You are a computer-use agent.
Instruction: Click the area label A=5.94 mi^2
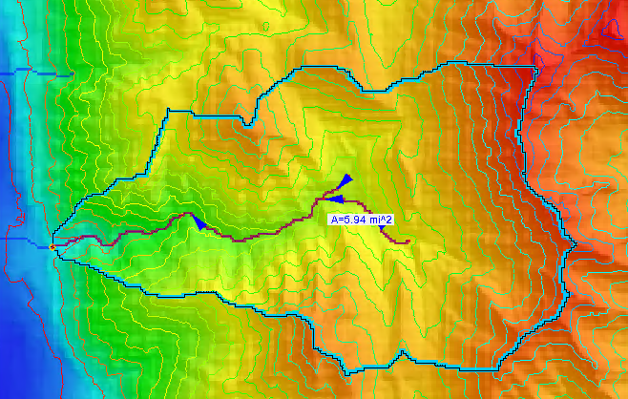tap(362, 219)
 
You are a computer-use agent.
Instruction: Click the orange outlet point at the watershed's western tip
tap(52, 247)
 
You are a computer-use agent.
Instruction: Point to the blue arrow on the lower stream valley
tap(198, 221)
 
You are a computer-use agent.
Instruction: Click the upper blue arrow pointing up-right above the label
tap(345, 180)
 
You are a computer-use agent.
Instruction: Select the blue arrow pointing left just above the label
tap(335, 199)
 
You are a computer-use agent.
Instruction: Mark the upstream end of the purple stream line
tap(408, 242)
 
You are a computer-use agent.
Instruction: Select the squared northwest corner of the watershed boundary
tap(169, 111)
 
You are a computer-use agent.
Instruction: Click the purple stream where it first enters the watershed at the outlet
tap(62, 246)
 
